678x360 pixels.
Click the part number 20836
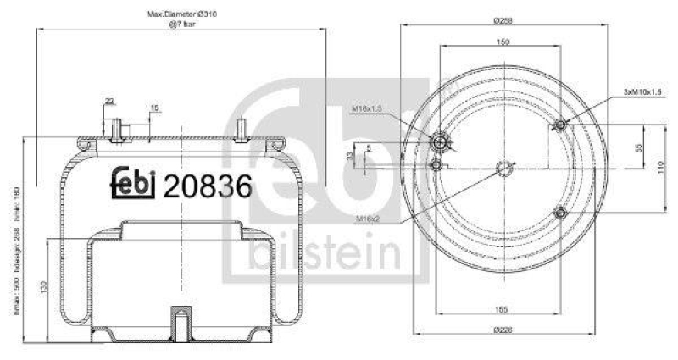click(207, 186)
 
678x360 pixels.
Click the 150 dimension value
click(503, 42)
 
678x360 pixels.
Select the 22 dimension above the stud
click(108, 101)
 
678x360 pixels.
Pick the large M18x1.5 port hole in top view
click(440, 141)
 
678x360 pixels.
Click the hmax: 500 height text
click(18, 297)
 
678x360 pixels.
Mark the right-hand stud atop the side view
click(243, 128)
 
